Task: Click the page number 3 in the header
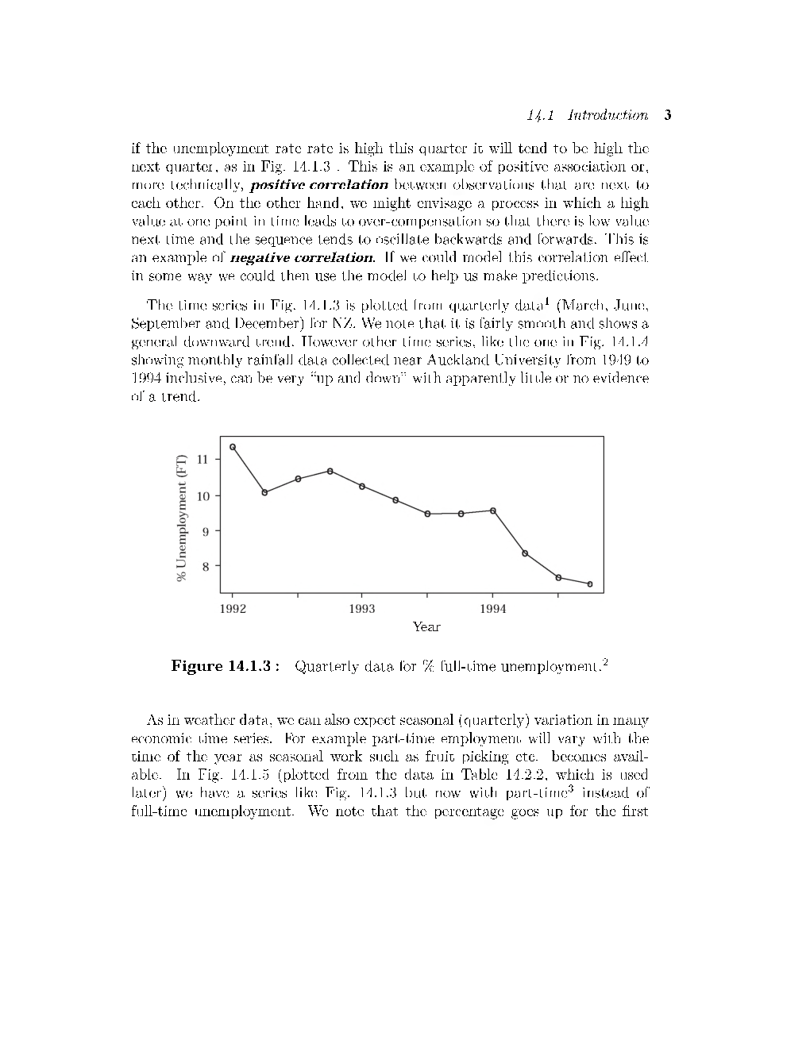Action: pos(668,115)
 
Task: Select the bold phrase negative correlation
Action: pos(302,258)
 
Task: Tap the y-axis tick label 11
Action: pos(202,460)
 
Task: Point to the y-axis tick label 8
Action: pos(206,566)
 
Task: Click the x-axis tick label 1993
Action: pos(362,609)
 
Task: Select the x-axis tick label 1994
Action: pos(492,609)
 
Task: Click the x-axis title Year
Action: pos(426,627)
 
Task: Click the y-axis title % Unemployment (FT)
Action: pos(182,518)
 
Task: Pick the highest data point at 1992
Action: pos(233,447)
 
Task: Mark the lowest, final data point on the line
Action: pos(589,584)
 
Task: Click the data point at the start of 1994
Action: pos(492,511)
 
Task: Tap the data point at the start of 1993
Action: pos(362,486)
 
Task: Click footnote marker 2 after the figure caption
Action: pos(605,661)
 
